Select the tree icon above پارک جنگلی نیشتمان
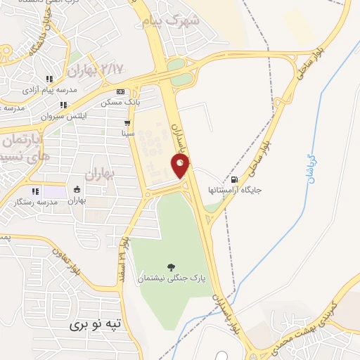pyautogui.click(x=171, y=266)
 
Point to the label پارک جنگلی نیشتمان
pyautogui.click(x=172, y=278)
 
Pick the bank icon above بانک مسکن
pyautogui.click(x=120, y=92)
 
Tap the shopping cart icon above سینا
pyautogui.click(x=127, y=122)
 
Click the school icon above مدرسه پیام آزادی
pyautogui.click(x=49, y=79)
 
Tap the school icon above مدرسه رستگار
pyautogui.click(x=34, y=191)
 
